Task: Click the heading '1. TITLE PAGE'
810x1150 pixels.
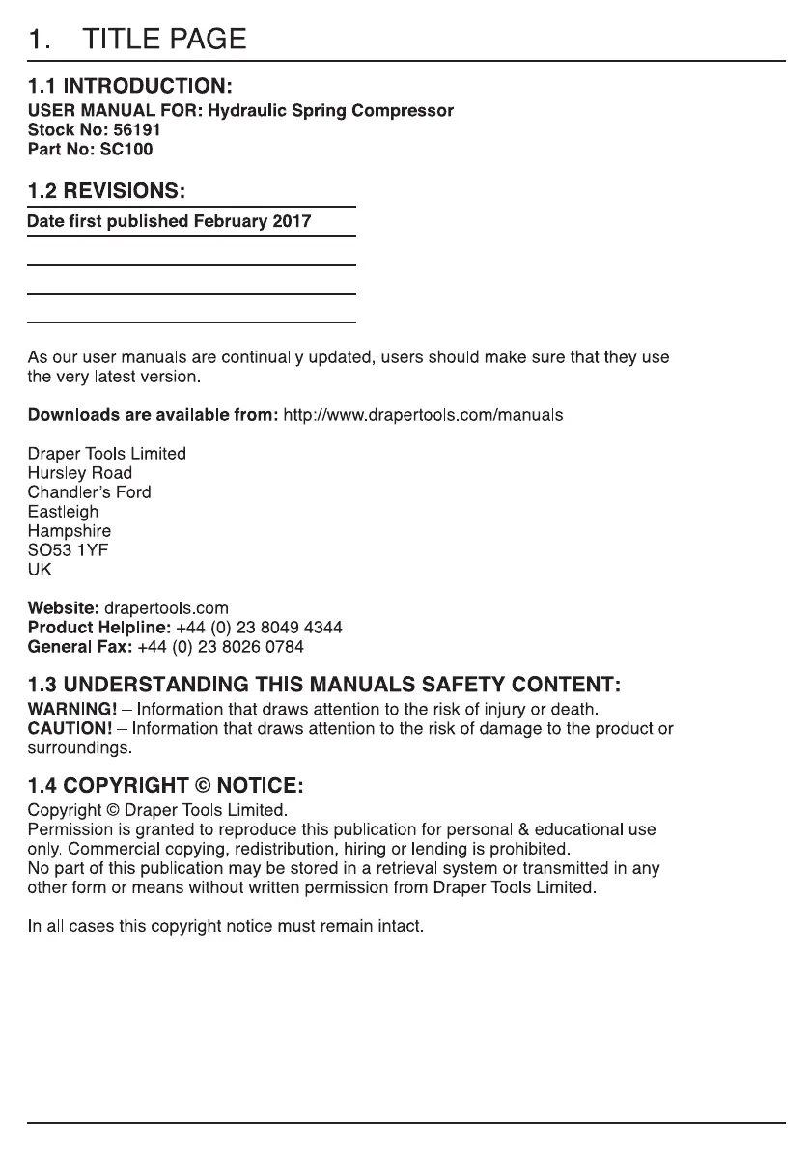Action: [136, 40]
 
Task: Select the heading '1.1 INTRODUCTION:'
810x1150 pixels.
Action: [129, 88]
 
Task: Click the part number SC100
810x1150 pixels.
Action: [126, 150]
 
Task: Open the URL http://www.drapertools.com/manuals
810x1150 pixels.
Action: [423, 415]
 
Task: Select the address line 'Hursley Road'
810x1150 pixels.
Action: [80, 473]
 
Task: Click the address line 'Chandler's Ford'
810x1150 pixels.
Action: [90, 492]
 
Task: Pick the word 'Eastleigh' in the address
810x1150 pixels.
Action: [63, 512]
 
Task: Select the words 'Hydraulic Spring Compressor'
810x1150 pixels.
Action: [331, 111]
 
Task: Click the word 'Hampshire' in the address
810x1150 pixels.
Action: [70, 531]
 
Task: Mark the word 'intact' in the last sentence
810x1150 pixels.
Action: [400, 927]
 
